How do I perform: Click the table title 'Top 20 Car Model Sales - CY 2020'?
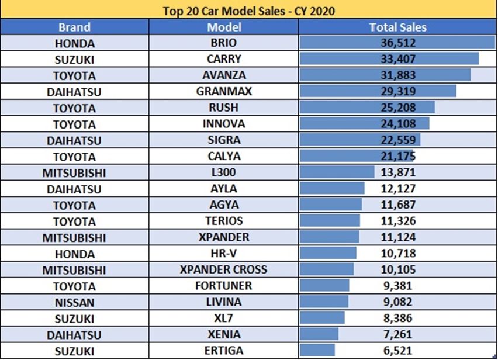248,10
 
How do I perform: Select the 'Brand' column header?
74,27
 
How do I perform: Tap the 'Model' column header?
223,27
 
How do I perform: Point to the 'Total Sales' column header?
397,27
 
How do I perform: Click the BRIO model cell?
223,43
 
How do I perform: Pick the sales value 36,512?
397,43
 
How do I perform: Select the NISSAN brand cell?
74,303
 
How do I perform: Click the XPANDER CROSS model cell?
223,270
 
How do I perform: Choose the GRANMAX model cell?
223,92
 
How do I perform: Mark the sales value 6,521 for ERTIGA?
397,351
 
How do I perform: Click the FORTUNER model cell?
223,286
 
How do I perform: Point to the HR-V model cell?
223,254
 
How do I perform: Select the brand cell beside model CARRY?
74,59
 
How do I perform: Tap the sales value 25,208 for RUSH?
397,108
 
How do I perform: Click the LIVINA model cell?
223,303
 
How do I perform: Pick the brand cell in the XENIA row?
74,335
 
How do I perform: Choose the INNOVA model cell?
223,124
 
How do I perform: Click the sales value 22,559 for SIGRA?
397,140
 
